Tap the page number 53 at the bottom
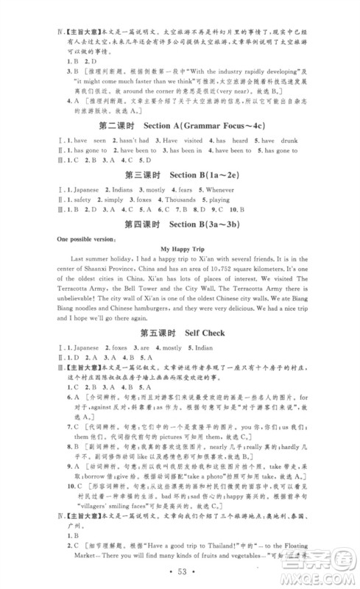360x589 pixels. pyautogui.click(x=180, y=573)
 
